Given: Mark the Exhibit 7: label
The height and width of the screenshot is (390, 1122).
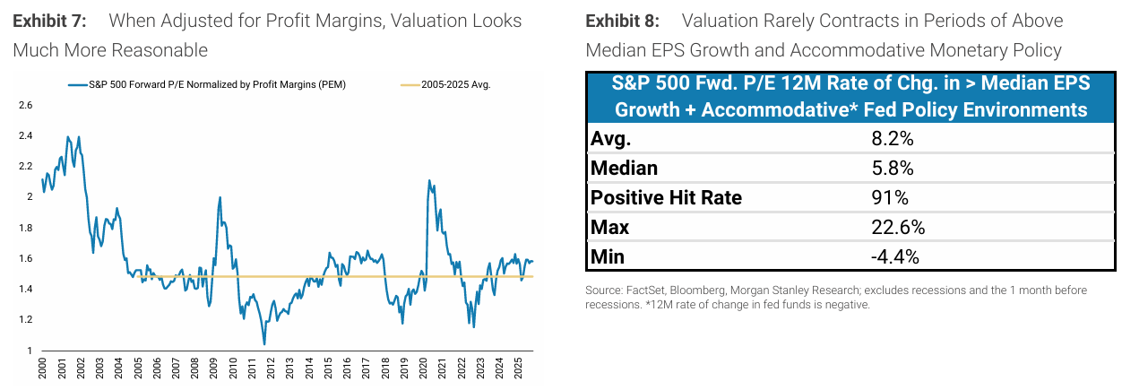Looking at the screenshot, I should pos(48,20).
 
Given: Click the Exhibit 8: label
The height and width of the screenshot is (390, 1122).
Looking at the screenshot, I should pos(622,20).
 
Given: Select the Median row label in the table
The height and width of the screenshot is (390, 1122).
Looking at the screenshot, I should pos(626,169).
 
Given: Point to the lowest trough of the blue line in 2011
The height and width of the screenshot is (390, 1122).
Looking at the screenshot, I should pos(263,344).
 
